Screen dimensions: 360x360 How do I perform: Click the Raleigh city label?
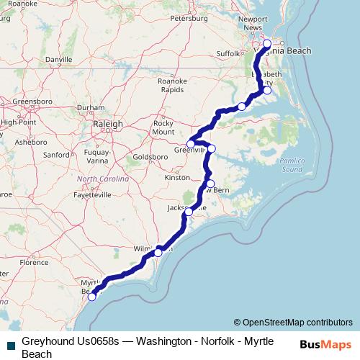pyautogui.click(x=108, y=124)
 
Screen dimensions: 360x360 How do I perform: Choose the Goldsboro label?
pyautogui.click(x=150, y=156)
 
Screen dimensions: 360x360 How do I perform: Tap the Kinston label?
pyautogui.click(x=176, y=176)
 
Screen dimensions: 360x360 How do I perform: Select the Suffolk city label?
pyautogui.click(x=229, y=53)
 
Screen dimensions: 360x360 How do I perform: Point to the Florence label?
pyautogui.click(x=35, y=263)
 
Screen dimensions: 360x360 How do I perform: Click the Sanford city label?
pyautogui.click(x=55, y=154)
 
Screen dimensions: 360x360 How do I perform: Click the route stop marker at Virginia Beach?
pyautogui.click(x=267, y=43)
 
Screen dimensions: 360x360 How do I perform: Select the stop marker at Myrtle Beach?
pyautogui.click(x=91, y=297)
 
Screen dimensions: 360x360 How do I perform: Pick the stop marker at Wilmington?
pyautogui.click(x=158, y=253)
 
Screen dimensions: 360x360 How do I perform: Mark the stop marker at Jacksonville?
pyautogui.click(x=189, y=212)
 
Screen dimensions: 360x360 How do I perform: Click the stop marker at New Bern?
pyautogui.click(x=210, y=183)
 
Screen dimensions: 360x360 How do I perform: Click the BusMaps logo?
pyautogui.click(x=325, y=344)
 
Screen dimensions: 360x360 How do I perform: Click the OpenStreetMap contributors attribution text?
pyautogui.click(x=297, y=322)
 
